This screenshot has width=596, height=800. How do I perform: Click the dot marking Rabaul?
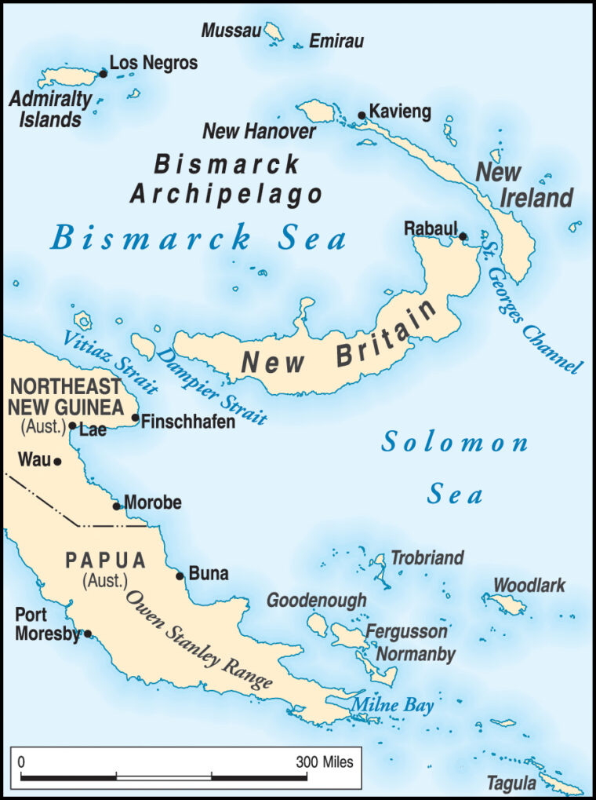tap(463, 236)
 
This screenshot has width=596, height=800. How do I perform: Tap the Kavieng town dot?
tap(362, 115)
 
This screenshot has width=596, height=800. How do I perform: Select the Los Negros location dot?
tap(103, 73)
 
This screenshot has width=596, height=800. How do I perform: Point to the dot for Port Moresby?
tap(88, 634)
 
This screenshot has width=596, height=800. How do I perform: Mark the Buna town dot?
tap(180, 575)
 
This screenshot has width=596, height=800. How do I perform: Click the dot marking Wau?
tap(56, 462)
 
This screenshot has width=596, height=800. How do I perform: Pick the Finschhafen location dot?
tap(135, 418)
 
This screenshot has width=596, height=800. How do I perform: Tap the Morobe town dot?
tap(117, 506)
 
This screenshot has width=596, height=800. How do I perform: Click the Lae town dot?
tap(72, 426)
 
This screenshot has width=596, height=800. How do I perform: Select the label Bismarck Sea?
tap(198, 238)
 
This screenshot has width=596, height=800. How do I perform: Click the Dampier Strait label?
tap(212, 385)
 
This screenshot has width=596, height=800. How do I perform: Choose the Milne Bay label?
tap(392, 705)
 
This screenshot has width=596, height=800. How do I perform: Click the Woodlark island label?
tap(529, 586)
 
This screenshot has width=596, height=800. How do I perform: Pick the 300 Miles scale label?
tap(325, 762)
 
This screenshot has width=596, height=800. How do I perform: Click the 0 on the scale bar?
tap(21, 762)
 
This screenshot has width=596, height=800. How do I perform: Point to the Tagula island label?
tap(511, 783)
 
